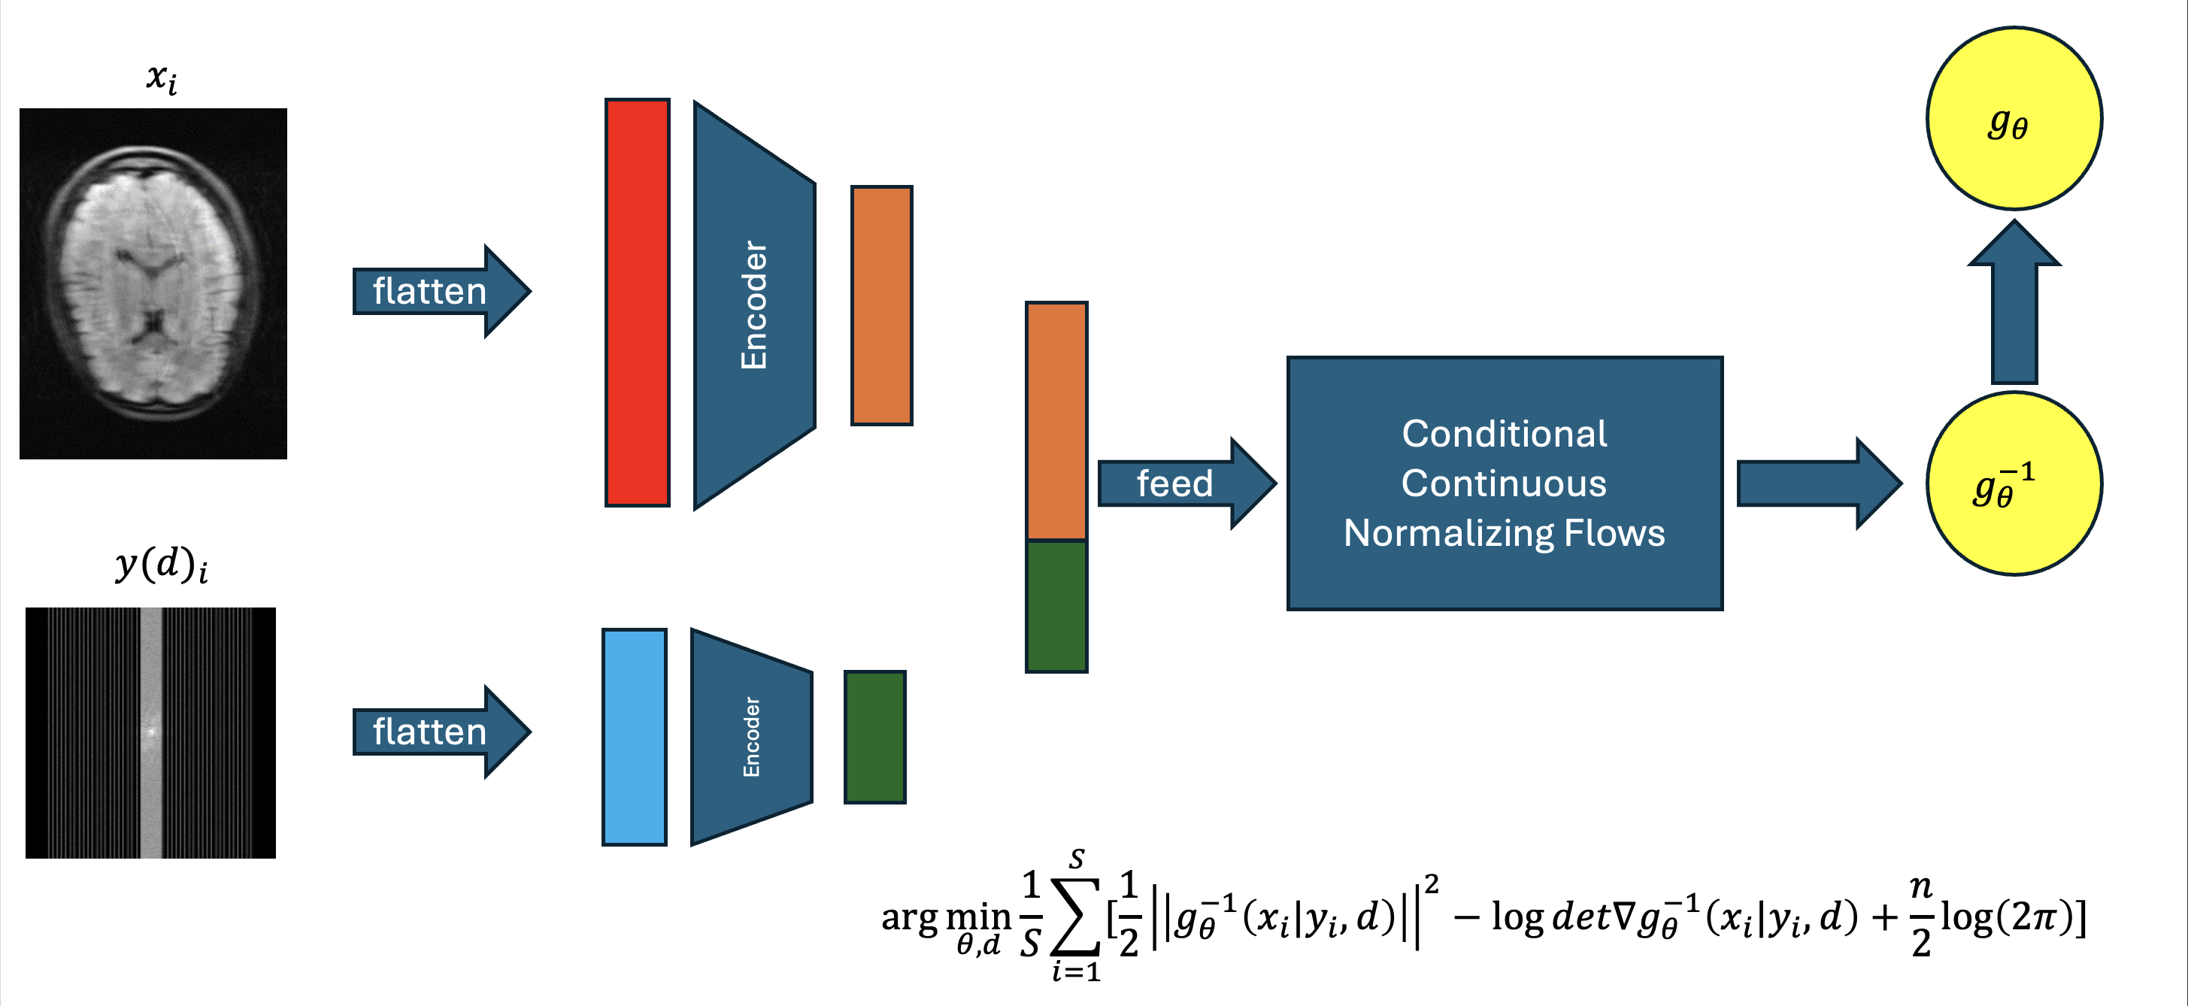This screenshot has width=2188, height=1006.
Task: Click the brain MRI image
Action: (x=153, y=283)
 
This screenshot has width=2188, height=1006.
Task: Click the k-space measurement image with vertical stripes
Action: (x=150, y=732)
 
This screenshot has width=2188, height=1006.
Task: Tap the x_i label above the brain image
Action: (x=162, y=78)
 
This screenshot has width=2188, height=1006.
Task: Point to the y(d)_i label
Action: (x=162, y=564)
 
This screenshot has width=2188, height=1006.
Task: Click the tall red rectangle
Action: (x=637, y=302)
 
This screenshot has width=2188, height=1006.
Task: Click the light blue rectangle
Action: (x=634, y=737)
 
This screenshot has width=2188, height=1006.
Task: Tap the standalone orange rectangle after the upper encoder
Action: (x=882, y=305)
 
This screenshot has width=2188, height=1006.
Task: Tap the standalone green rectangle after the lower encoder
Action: (x=875, y=737)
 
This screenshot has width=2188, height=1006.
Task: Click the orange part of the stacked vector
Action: (x=1056, y=420)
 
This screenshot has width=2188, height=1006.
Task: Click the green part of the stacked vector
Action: (x=1056, y=606)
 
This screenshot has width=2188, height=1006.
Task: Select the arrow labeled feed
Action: (x=1185, y=483)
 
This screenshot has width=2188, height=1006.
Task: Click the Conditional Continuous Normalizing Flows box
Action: (x=1505, y=483)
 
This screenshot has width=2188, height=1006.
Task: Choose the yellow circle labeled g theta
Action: (x=2014, y=119)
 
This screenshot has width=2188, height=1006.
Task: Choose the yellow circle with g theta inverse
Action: (x=2014, y=483)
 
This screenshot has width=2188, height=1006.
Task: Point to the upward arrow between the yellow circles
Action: (x=2014, y=306)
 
